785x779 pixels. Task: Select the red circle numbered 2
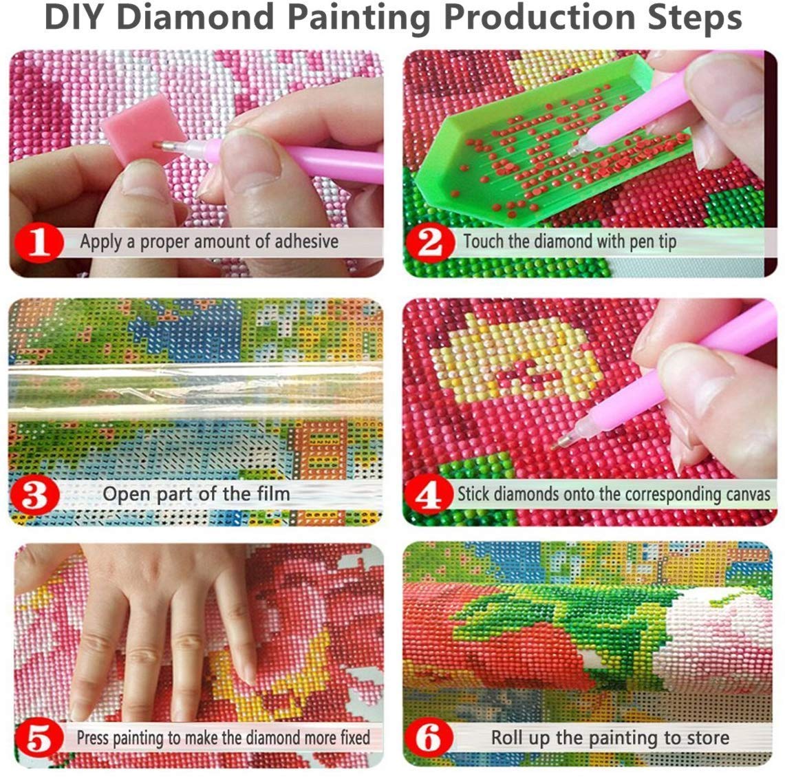(x=431, y=242)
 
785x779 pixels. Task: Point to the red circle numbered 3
(x=34, y=495)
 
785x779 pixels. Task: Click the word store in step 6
(x=707, y=738)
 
